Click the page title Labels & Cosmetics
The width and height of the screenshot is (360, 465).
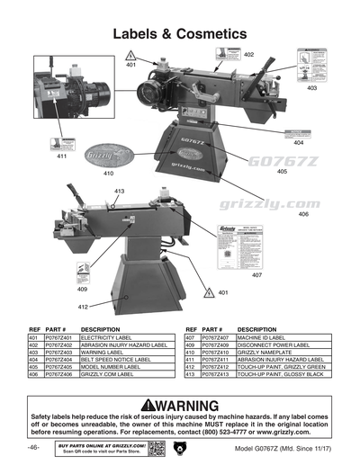click(x=179, y=33)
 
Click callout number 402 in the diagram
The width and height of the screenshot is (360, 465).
click(x=248, y=55)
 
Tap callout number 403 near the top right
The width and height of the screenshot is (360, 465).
click(x=311, y=88)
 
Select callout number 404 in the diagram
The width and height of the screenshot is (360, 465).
click(x=298, y=142)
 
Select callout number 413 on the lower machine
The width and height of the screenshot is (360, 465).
click(x=119, y=192)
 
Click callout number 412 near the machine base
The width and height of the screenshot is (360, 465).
click(x=82, y=307)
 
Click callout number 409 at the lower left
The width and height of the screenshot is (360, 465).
click(x=82, y=290)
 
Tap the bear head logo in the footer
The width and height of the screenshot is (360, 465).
click(x=177, y=447)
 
